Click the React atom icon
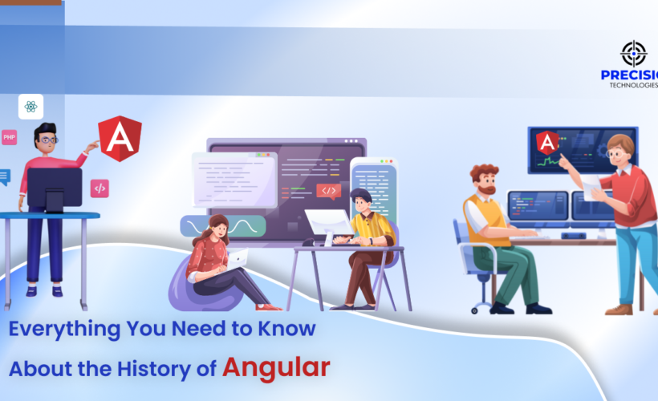(30, 107)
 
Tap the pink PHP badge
(10, 137)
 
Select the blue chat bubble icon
(4, 176)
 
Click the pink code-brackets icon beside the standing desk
(100, 188)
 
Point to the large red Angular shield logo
(120, 139)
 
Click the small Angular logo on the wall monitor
(547, 142)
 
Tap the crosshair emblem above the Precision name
(634, 54)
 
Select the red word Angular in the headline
(276, 367)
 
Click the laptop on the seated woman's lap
(236, 259)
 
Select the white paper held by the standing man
(591, 188)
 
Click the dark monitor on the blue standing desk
(55, 188)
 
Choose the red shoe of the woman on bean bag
(268, 306)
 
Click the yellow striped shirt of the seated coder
(375, 229)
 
